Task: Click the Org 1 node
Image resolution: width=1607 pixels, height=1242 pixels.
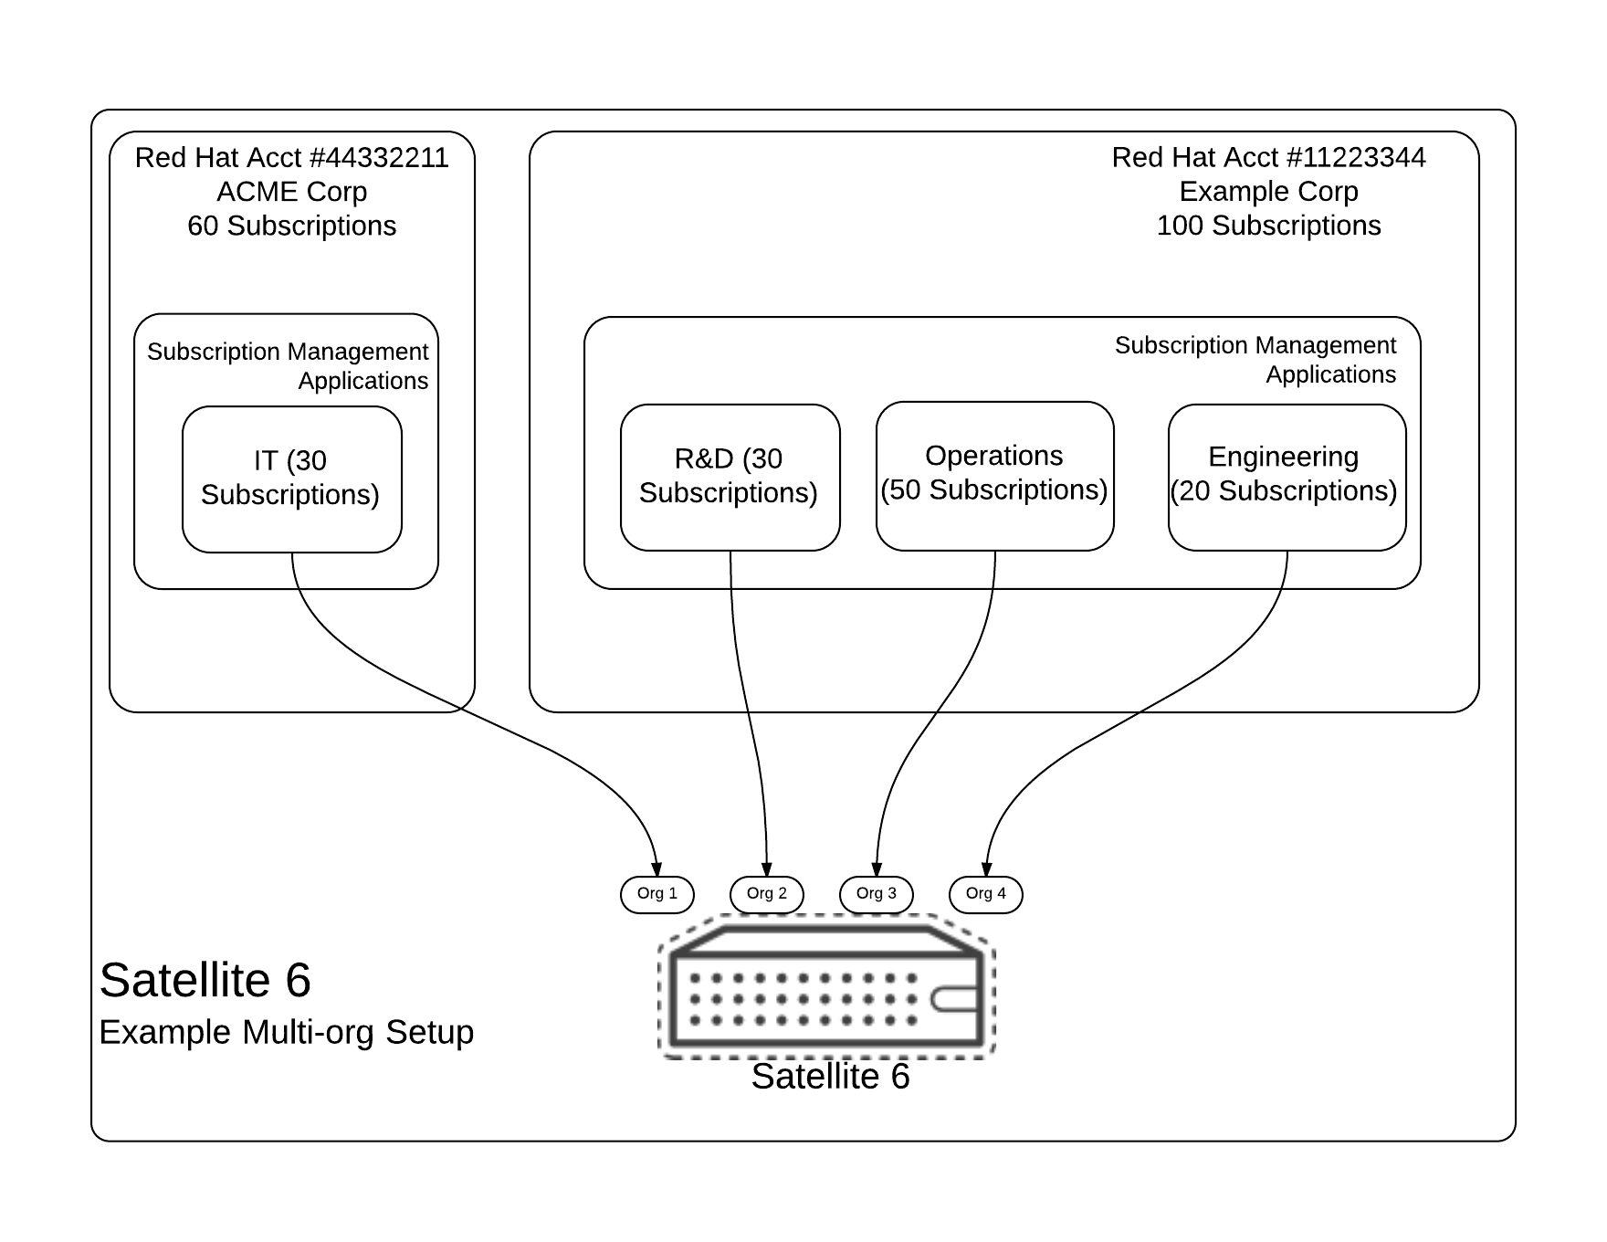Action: [x=657, y=894]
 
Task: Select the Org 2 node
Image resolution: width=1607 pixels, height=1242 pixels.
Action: [x=767, y=894]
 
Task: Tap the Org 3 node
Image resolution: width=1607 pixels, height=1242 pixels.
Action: [x=877, y=894]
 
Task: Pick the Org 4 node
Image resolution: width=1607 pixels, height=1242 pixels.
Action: [x=986, y=894]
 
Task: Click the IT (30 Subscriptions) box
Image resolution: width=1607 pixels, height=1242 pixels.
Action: [x=292, y=479]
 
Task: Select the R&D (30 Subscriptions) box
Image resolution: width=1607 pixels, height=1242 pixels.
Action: [x=730, y=477]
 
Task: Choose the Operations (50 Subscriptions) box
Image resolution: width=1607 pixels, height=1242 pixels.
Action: [x=995, y=475]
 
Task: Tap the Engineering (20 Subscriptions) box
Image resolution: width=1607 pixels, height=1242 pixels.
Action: [x=1287, y=477]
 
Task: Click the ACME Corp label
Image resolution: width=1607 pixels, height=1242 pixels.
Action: [x=292, y=192]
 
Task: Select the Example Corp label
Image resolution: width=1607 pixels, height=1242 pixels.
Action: [x=1268, y=192]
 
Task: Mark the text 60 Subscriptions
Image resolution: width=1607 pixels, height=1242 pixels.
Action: [x=292, y=226]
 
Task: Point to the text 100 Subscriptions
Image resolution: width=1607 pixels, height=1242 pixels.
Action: [x=1268, y=226]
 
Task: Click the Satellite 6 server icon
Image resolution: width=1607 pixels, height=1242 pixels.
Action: [x=826, y=988]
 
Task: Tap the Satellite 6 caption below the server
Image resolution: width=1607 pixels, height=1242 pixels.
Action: [x=830, y=1077]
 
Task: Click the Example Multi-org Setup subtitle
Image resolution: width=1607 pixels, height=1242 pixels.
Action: [x=287, y=1032]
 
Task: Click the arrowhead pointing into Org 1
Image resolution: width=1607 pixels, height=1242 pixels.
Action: [x=656, y=869]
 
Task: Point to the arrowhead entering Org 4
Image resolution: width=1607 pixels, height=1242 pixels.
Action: [x=986, y=869]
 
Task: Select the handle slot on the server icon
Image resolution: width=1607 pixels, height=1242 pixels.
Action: [x=954, y=1000]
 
